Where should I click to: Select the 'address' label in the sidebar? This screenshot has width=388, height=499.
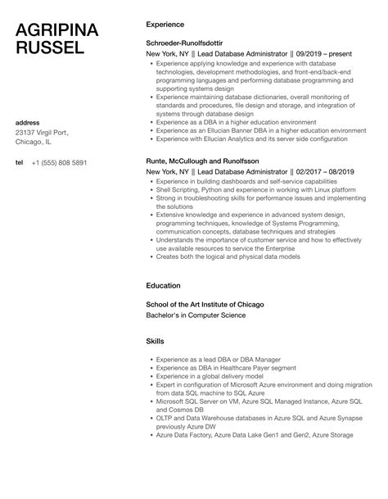click(x=29, y=122)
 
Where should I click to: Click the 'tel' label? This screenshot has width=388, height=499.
click(x=20, y=161)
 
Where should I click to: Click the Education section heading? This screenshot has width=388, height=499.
click(x=163, y=285)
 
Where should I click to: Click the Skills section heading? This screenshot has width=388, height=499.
click(x=156, y=340)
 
